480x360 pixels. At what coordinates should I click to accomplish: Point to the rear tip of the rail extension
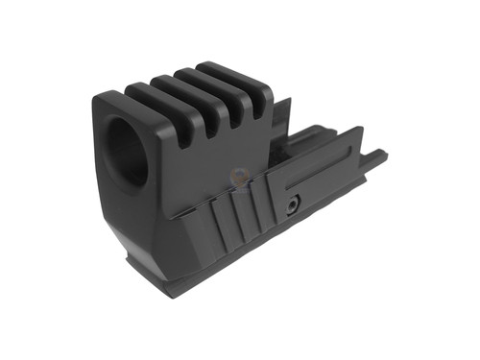(x=384, y=154)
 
